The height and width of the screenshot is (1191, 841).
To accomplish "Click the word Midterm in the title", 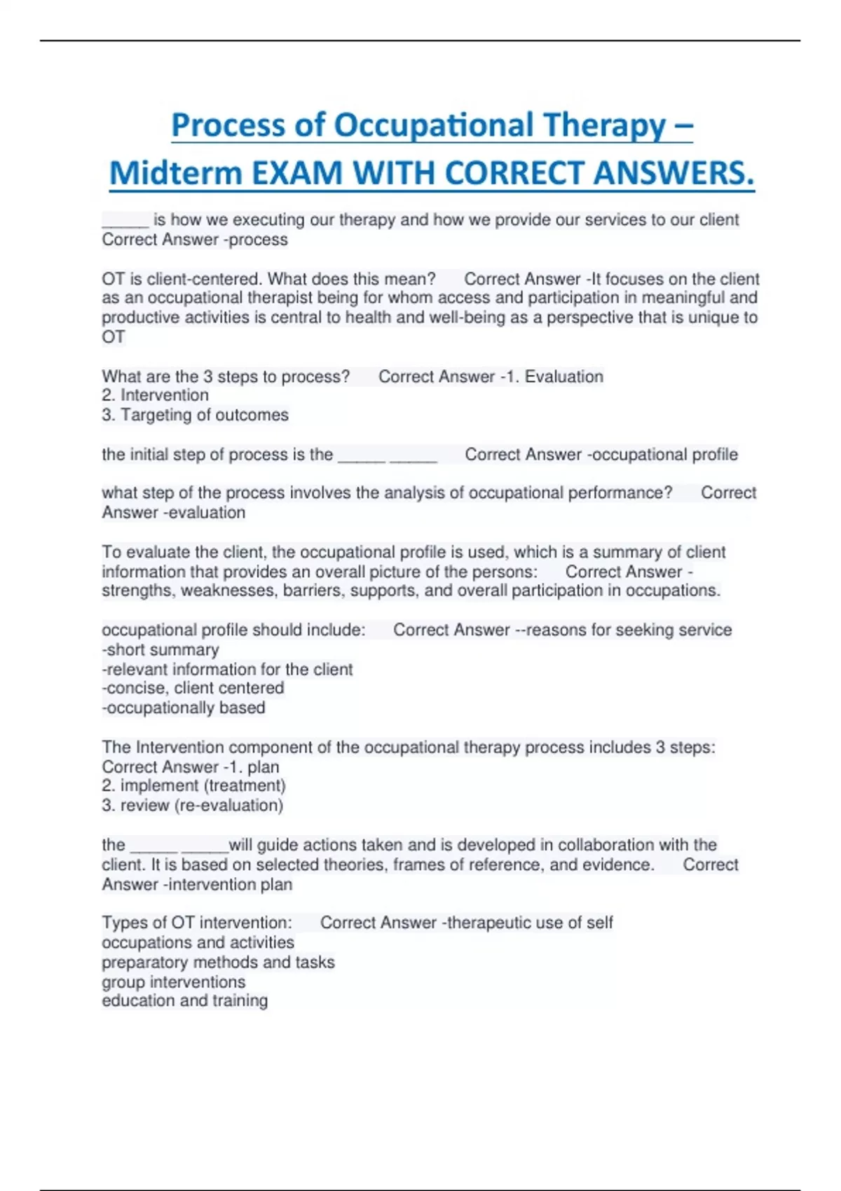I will [176, 173].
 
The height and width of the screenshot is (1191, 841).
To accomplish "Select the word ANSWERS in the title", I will [672, 173].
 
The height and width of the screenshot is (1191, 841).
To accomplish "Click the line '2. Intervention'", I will [155, 395].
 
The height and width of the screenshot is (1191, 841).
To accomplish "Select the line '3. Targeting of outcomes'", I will [195, 415].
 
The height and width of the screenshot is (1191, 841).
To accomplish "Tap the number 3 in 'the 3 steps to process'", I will [207, 376].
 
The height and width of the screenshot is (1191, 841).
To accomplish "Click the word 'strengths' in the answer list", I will [138, 591].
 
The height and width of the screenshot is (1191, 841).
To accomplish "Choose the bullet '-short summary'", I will [160, 649].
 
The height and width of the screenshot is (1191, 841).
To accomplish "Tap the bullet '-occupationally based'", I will [184, 708].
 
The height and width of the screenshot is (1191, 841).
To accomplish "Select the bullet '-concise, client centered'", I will [193, 688].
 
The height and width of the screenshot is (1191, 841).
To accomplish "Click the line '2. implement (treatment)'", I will [193, 785].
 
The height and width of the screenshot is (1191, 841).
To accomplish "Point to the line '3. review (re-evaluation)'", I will [192, 805].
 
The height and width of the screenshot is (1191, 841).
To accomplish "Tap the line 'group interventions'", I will [174, 982].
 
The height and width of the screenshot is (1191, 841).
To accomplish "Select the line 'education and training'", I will [184, 1000].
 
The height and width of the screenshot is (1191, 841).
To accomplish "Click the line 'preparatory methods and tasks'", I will [218, 962].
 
